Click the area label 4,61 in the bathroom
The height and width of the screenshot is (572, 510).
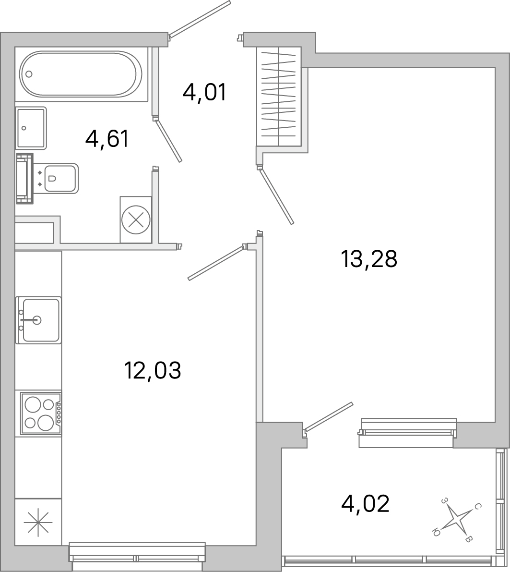coord(107,139)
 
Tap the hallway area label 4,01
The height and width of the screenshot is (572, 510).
coord(204,92)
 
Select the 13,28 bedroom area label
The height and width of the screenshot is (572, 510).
coord(369,259)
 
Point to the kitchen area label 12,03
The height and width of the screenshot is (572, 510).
coord(153,370)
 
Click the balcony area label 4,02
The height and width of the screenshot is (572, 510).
coord(366,504)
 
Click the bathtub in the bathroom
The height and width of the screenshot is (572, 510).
coord(81,74)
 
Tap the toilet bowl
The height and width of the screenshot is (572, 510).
coord(60,178)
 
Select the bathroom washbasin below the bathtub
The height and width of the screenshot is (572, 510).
coord(31,128)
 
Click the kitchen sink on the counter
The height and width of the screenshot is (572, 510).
coord(39,320)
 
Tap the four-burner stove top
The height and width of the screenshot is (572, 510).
coord(41,414)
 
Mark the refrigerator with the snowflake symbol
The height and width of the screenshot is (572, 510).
coord(38,522)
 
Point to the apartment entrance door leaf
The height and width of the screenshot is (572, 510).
coord(200,19)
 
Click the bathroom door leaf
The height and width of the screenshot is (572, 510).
coord(168,141)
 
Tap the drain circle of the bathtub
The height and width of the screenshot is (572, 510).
coord(29,74)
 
